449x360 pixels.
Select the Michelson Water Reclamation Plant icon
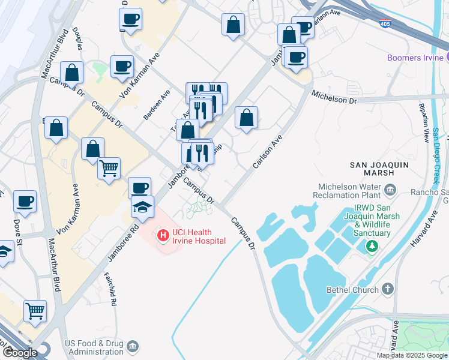click(390, 190)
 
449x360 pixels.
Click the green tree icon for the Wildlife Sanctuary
click(372, 246)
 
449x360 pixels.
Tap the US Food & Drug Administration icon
click(133, 347)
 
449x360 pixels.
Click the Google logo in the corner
click(20, 353)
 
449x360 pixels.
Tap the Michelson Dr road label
click(334, 97)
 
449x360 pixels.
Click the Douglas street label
click(77, 38)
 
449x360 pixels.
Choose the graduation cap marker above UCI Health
click(143, 207)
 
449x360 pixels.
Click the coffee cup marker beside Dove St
click(25, 202)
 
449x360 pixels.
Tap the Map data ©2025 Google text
click(412, 355)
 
